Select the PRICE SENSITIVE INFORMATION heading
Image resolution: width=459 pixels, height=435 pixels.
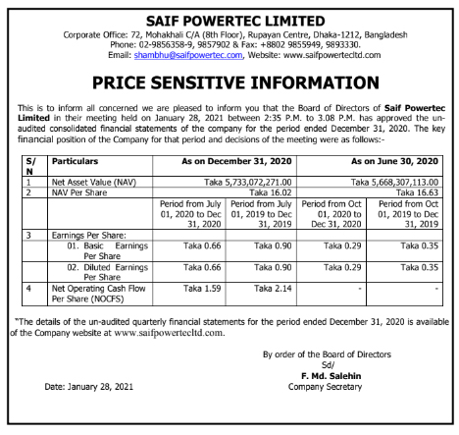pyautogui.click(x=229, y=83)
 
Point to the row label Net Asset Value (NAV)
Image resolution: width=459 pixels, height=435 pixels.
pyautogui.click(x=93, y=183)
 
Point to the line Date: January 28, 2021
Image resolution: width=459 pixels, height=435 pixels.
pyautogui.click(x=92, y=387)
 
